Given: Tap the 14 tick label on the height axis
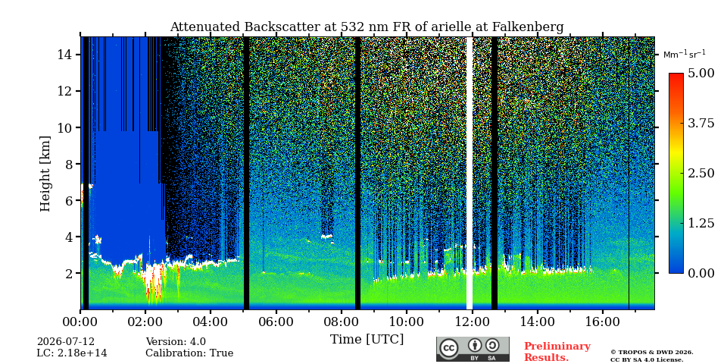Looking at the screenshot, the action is [x=65, y=55].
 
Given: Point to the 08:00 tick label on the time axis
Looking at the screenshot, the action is [x=342, y=322].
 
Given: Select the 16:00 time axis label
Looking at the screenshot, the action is [x=602, y=322].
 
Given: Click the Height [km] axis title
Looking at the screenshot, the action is [x=45, y=174].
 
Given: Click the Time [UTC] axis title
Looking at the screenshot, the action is [x=367, y=340].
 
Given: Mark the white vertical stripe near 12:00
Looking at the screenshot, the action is [x=470, y=173].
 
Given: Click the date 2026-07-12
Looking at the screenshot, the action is [x=66, y=342].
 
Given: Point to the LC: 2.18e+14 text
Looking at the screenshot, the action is [x=72, y=353].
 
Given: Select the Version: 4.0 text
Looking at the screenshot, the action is [x=176, y=342].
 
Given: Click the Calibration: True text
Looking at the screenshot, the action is [x=189, y=353].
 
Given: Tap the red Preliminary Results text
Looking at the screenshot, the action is [x=557, y=352].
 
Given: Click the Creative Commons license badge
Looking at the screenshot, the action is [x=473, y=349].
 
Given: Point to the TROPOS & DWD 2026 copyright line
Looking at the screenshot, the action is [x=652, y=353].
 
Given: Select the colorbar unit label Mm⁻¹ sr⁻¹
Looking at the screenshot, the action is [x=685, y=55].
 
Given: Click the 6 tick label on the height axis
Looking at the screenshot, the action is [x=69, y=200].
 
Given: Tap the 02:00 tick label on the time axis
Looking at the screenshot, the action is [x=145, y=322].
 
